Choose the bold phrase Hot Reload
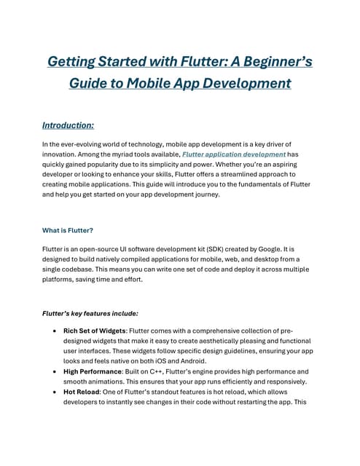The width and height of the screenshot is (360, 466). coord(82,392)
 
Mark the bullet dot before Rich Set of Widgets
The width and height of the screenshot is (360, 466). coord(56,331)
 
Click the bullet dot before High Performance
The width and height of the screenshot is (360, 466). coord(56,371)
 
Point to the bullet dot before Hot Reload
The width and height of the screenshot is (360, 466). coord(56,392)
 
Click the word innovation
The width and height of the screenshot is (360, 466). coord(61,154)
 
